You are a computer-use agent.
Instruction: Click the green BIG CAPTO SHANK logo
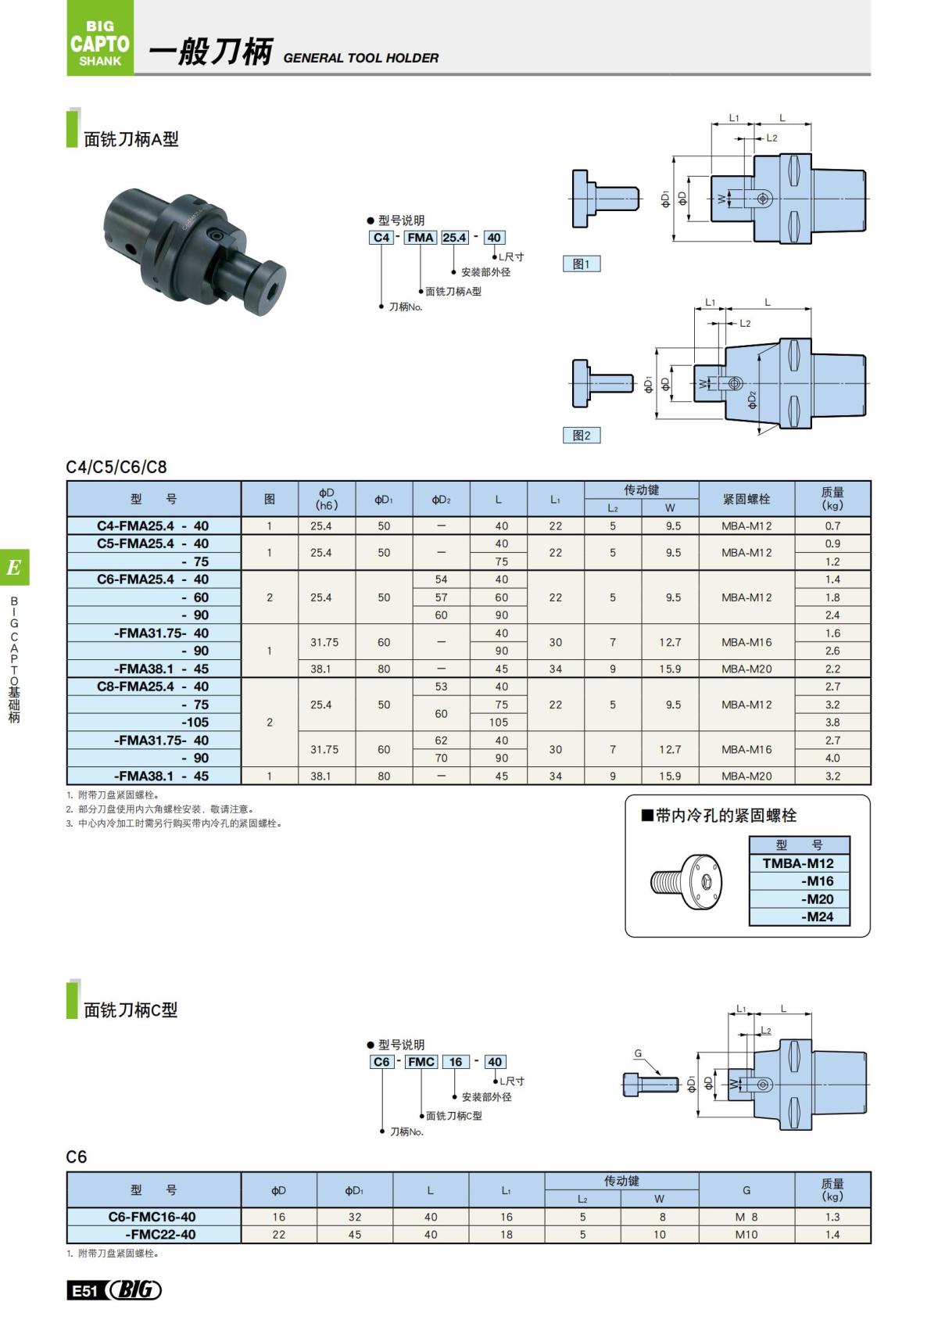point(100,39)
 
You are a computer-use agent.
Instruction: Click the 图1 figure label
point(582,264)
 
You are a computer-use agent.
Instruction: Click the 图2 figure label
point(582,436)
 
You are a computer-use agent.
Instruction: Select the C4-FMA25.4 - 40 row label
point(153,526)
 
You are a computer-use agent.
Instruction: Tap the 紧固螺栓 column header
point(746,499)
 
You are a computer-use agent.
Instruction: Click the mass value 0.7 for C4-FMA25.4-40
point(832,526)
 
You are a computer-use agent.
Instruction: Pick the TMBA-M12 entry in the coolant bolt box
point(798,863)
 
